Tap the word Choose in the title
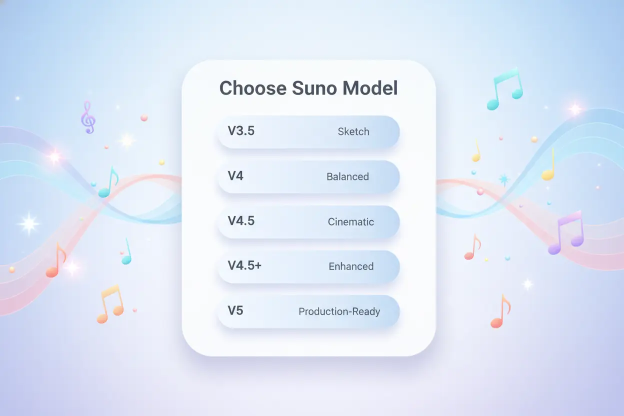click(252, 88)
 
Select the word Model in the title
click(370, 88)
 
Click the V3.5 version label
click(241, 131)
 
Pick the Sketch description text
click(353, 132)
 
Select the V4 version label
click(235, 176)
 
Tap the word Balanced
click(347, 177)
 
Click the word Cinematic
click(350, 221)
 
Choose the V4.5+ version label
click(244, 266)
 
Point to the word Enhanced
click(350, 266)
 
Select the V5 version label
click(235, 310)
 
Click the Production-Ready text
click(339, 311)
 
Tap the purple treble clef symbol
click(88, 117)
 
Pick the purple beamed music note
click(567, 233)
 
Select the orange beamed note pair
click(109, 304)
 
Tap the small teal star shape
click(503, 179)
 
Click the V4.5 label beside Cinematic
click(241, 221)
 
